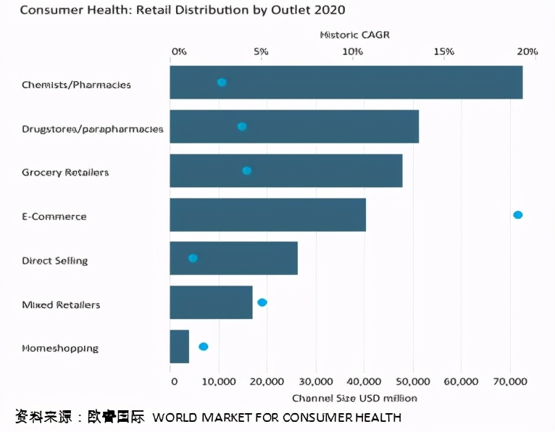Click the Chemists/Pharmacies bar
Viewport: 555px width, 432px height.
(346, 83)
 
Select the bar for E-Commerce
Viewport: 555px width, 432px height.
(267, 215)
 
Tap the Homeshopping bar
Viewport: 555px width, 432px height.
(179, 346)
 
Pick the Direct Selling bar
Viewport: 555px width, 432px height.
(233, 259)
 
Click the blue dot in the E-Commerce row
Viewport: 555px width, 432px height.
(517, 215)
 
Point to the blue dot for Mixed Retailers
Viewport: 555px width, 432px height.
(262, 302)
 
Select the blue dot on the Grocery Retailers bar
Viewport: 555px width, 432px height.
(246, 170)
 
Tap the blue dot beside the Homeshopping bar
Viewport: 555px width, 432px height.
(204, 346)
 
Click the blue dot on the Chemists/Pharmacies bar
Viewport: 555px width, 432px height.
(222, 83)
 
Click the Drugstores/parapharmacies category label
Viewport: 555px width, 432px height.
(93, 129)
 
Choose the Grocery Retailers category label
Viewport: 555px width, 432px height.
(65, 173)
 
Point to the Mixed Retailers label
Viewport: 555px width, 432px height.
(61, 304)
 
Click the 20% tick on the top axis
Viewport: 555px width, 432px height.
(527, 51)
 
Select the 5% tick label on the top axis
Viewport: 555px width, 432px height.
(262, 51)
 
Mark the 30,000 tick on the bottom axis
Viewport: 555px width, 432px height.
(315, 381)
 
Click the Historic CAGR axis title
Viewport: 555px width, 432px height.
(355, 35)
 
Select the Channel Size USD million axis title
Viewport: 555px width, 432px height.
(354, 398)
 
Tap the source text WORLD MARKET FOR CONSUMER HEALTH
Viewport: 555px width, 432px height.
(276, 418)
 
